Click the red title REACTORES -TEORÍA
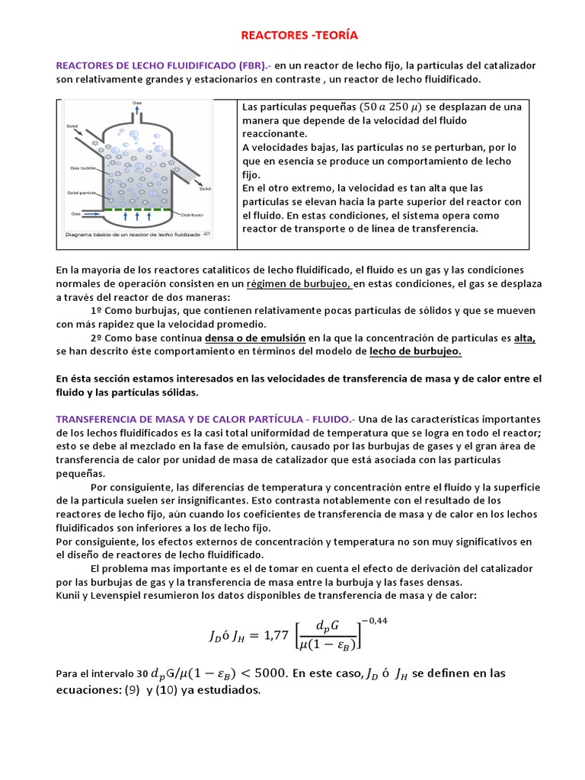pos(299,35)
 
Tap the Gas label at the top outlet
pos(137,103)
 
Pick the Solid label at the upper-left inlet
pos(72,126)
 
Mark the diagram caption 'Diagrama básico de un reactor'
pos(133,235)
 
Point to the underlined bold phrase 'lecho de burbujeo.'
pos(415,351)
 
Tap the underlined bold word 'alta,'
pos(524,338)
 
